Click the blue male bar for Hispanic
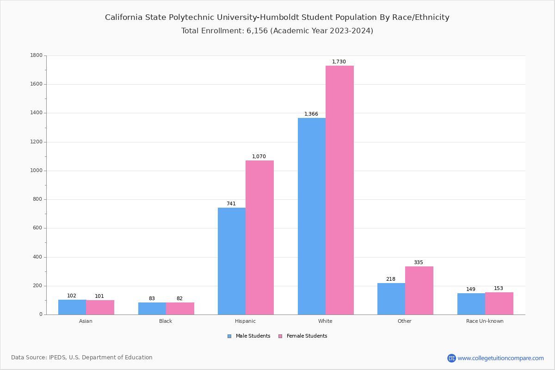click(x=232, y=261)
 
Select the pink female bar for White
click(x=339, y=190)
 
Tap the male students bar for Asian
click(x=72, y=307)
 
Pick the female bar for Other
click(x=419, y=290)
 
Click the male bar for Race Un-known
click(x=471, y=304)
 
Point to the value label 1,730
click(x=339, y=62)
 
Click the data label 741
click(x=231, y=204)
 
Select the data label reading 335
click(x=419, y=263)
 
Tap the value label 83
click(x=152, y=299)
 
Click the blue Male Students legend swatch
click(x=229, y=336)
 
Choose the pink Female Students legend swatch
click(x=280, y=336)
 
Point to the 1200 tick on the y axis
click(x=37, y=142)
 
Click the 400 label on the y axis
click(x=38, y=257)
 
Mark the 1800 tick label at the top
click(x=37, y=55)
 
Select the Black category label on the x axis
click(x=166, y=321)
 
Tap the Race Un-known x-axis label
click(x=485, y=321)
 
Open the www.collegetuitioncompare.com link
click(x=500, y=358)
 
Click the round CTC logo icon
click(x=451, y=358)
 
